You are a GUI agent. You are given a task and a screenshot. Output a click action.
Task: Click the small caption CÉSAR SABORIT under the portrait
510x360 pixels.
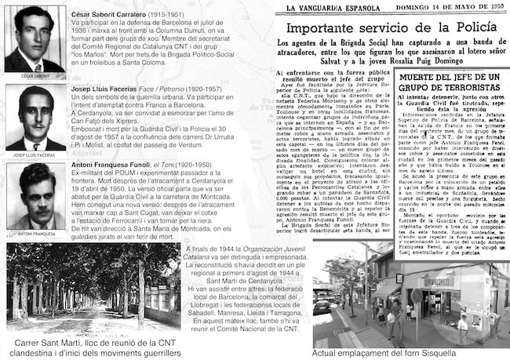pyautogui.click(x=35, y=75)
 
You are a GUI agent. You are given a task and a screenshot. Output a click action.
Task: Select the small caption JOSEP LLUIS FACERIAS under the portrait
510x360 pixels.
pyautogui.click(x=35, y=155)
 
